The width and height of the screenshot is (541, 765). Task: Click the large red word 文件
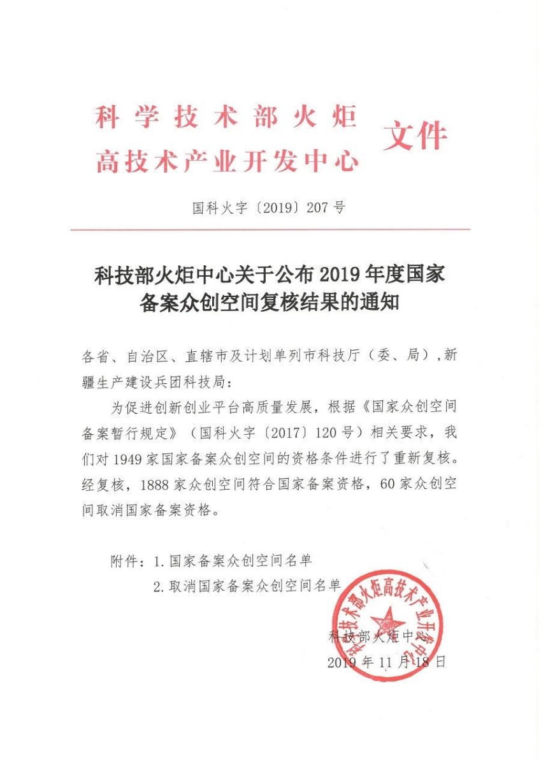415,136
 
